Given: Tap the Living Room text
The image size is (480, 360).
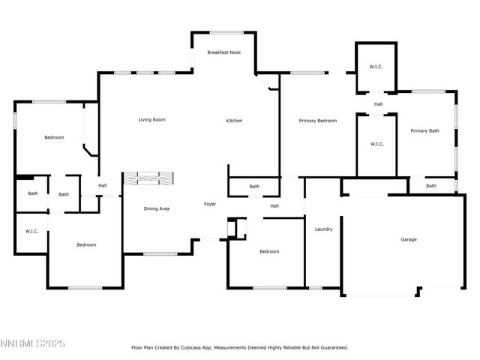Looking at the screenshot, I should click(x=151, y=120).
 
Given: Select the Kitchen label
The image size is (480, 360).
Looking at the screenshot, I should click(x=235, y=121).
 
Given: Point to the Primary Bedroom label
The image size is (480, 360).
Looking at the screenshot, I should click(x=318, y=121).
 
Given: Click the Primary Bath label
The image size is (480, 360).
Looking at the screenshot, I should click(x=424, y=131).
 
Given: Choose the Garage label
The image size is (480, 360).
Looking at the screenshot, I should click(x=409, y=239).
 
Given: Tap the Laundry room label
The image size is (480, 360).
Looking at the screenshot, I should click(x=323, y=229).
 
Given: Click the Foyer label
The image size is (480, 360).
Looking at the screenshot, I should click(x=211, y=204).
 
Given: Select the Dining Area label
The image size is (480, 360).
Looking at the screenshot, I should click(x=157, y=208).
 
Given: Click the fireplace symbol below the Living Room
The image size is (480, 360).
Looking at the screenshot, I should click(x=148, y=178).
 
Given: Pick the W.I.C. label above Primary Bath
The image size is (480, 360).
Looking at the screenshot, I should click(x=376, y=67).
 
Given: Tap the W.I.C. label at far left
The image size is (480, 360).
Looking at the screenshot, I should click(x=31, y=231).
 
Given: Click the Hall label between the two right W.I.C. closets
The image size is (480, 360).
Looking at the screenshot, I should click(x=379, y=104).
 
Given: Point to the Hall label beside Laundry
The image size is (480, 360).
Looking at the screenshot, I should click(x=274, y=206).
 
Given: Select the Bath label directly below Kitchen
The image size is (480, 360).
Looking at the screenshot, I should click(x=254, y=187).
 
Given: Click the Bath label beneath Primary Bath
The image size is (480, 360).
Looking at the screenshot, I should click(x=431, y=186).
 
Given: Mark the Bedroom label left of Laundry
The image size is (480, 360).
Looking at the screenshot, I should click(x=268, y=252).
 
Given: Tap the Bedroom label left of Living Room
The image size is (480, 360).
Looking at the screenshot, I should click(x=54, y=137).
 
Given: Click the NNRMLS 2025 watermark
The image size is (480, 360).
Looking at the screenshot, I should click(x=33, y=343).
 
